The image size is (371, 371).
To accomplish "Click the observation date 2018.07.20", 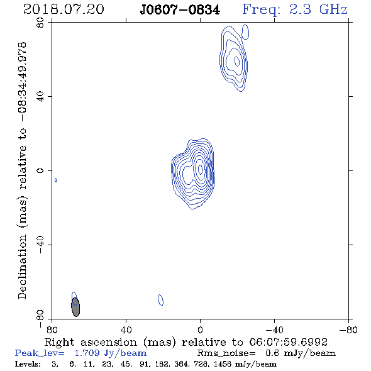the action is coord(64,9).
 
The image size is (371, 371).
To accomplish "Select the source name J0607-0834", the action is coord(180,10).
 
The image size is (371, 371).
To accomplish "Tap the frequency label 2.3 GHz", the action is coord(318,9).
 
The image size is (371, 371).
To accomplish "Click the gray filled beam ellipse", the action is coord(75,307).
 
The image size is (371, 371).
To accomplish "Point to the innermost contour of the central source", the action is coord(201,169).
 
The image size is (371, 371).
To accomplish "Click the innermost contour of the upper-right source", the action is coord(237,61).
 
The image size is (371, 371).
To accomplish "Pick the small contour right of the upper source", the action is coord(245,31).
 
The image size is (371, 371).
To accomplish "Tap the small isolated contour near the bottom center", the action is coord(160,300).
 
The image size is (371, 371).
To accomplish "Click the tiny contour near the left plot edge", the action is coord(55,180).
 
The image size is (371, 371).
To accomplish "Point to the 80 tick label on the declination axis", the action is coord(40,23).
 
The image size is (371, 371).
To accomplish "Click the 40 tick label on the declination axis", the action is coord(40,97).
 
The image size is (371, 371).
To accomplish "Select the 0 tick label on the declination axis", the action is coord(40,170).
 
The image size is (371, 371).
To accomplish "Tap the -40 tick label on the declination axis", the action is coord(40,245).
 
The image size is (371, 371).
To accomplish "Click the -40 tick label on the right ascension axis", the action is coord(274,329).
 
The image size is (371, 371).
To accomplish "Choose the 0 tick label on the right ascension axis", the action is coord(200,329).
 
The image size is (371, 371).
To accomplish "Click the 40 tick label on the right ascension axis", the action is coord(126,329).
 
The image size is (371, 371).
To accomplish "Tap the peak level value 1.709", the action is coord(87,353).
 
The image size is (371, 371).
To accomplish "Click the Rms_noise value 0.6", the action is coord(273,353).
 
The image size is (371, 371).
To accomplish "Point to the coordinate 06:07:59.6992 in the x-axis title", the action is coord(288,342).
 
